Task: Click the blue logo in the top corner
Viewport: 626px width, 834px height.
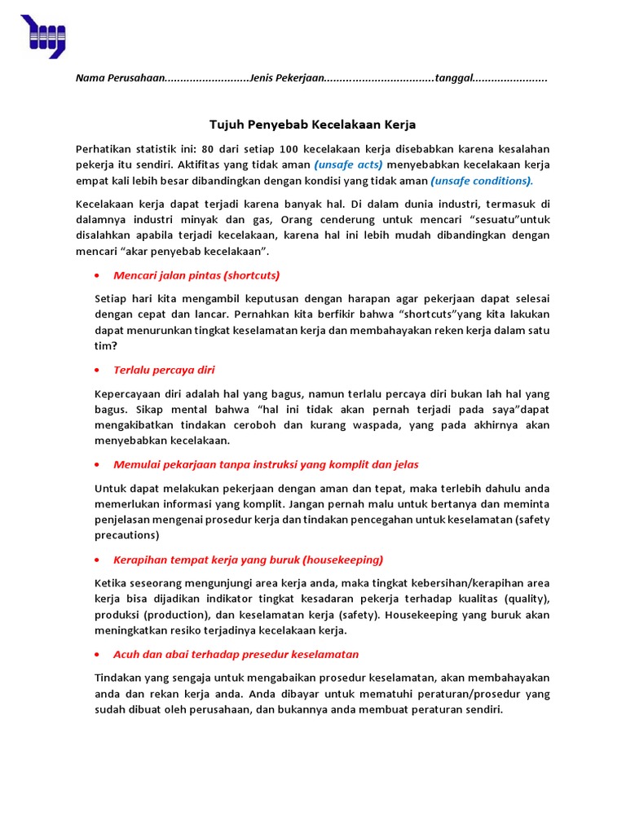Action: [42, 36]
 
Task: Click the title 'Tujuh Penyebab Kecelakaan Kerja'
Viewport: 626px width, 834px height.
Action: [313, 125]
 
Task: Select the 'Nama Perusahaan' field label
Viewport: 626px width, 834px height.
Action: [120, 78]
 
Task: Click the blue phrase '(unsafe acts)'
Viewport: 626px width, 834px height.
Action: [348, 165]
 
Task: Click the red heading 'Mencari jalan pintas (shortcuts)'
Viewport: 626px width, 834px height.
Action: [196, 274]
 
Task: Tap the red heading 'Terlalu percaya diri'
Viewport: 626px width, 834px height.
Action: [164, 370]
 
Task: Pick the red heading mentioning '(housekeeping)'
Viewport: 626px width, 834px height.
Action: [248, 560]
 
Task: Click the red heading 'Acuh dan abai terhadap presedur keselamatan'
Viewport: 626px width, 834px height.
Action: [236, 654]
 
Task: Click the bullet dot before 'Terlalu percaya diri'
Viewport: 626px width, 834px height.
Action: [98, 371]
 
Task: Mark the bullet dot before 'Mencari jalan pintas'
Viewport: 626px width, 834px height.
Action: [98, 275]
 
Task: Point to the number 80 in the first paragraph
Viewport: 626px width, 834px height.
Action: [208, 149]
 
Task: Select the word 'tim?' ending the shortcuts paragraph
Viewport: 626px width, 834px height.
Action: [106, 345]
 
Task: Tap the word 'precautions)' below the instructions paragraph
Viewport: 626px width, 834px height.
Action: [127, 535]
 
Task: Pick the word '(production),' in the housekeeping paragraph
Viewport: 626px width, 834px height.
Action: [174, 615]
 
